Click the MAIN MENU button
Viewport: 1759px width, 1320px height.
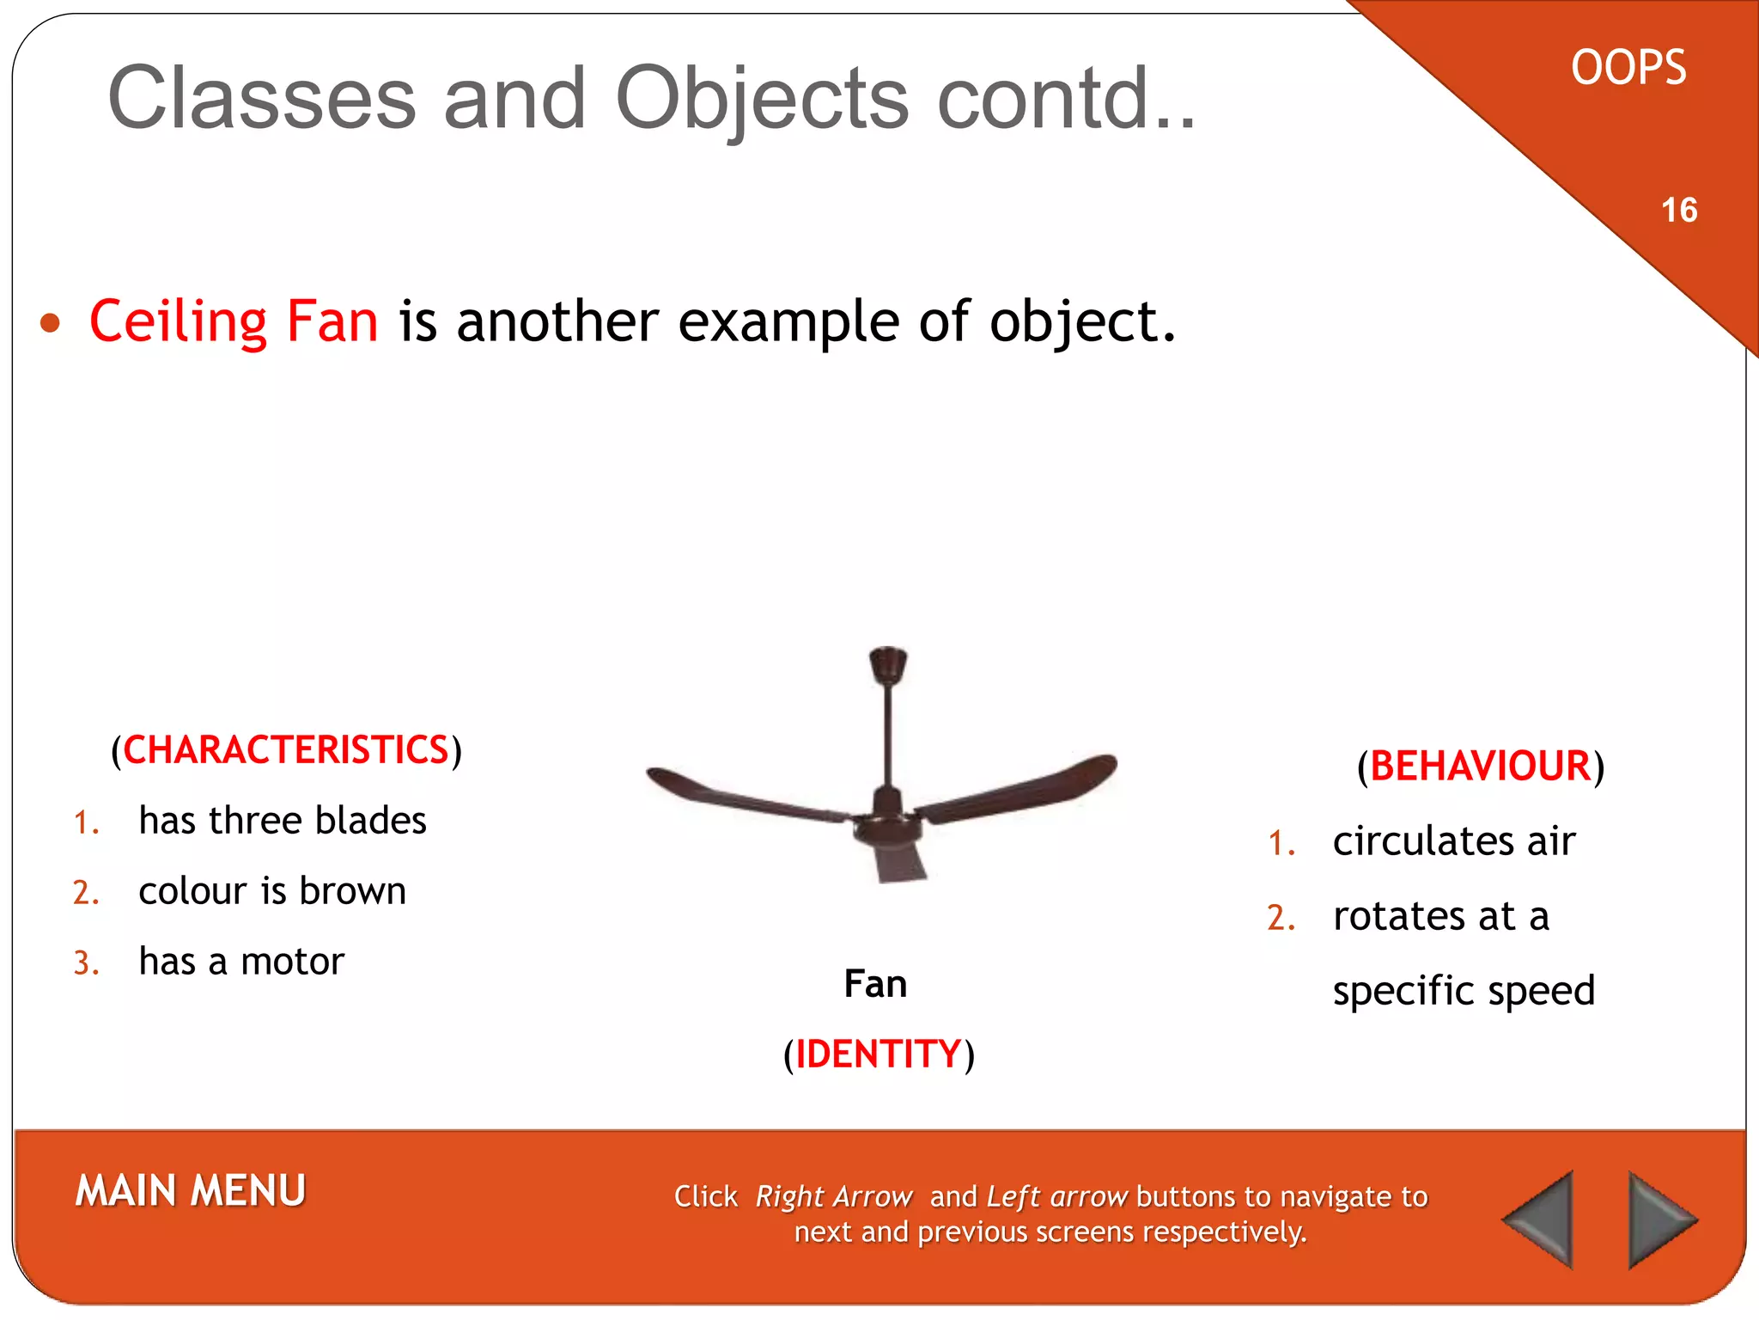pos(190,1191)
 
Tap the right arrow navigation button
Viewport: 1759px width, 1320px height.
pos(1659,1219)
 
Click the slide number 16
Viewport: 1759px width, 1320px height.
pos(1678,211)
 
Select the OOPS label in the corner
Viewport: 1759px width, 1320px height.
pos(1628,68)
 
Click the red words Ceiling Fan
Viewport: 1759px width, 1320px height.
pos(234,321)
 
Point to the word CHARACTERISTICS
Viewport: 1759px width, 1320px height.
pos(286,750)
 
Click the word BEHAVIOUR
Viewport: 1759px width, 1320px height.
pos(1480,766)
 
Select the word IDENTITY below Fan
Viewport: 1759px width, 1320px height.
pos(878,1054)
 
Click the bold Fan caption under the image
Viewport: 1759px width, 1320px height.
pos(875,984)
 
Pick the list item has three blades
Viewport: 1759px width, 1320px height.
pos(283,821)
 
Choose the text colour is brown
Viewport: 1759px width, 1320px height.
pos(272,891)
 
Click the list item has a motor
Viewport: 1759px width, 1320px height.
pos(241,962)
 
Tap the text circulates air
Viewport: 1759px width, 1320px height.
pos(1453,841)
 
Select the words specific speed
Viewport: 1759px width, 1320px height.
pos(1464,991)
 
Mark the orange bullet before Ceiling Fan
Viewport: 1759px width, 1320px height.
pos(51,323)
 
